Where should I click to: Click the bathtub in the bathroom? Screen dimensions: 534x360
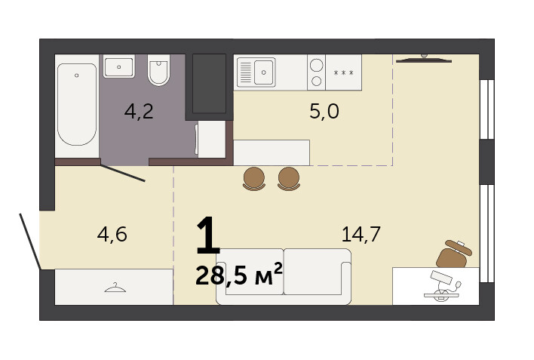(x=77, y=104)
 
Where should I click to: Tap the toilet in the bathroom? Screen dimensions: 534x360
(x=158, y=70)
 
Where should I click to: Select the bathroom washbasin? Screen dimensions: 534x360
(x=119, y=66)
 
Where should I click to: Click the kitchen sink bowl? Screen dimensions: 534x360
(x=263, y=72)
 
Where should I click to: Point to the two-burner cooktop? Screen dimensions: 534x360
(x=316, y=72)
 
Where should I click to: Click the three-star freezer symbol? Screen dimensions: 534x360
(x=343, y=72)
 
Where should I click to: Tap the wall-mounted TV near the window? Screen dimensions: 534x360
(x=424, y=60)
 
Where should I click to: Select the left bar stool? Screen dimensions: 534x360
(x=254, y=179)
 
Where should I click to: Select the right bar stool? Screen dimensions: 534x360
(x=289, y=179)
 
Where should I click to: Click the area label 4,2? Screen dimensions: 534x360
(x=139, y=111)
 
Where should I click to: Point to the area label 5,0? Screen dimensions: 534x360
(x=324, y=111)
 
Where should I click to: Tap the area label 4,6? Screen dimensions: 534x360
(x=112, y=234)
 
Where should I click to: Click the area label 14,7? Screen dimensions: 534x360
(x=361, y=234)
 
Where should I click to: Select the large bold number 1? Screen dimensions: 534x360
(x=208, y=235)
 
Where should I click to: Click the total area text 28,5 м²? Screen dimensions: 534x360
(x=239, y=275)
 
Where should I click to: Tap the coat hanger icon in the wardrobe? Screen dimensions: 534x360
(x=115, y=288)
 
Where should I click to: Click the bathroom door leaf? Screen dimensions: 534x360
(x=123, y=173)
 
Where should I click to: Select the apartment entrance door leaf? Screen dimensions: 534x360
(x=30, y=242)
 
